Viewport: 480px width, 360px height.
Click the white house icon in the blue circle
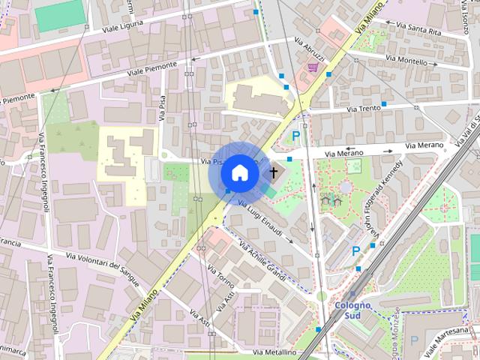tap(239, 172)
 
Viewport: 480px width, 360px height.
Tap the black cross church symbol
tap(274, 172)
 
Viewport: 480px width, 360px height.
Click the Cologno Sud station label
tap(352, 310)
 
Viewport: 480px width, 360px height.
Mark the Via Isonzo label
tap(465, 15)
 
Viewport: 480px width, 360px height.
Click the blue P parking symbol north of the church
tap(296, 136)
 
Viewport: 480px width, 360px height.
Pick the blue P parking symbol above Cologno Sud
tap(356, 252)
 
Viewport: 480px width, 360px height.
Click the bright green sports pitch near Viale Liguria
tap(60, 14)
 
